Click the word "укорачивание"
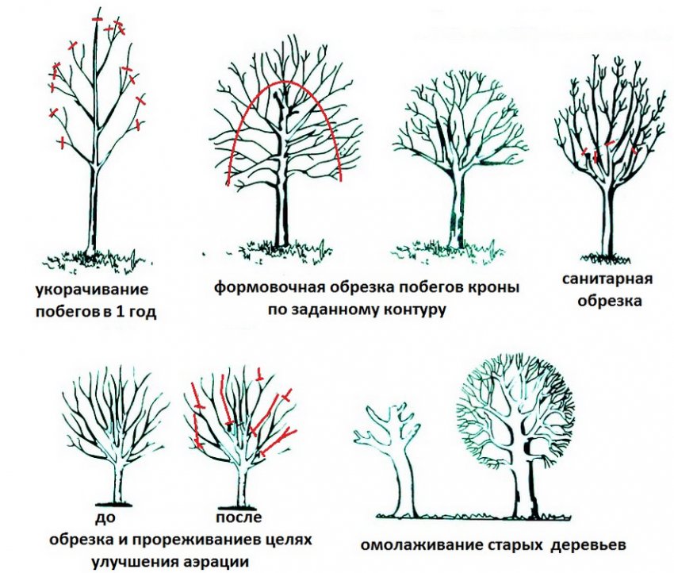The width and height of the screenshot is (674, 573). point(91,289)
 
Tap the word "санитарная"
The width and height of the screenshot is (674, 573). point(607,279)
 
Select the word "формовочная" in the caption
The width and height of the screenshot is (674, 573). point(269,287)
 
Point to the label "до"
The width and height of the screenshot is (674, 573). point(105,517)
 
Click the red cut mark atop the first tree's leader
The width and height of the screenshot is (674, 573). point(98,19)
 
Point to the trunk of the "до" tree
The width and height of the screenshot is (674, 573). point(119,482)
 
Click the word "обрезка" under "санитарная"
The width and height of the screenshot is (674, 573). point(610,301)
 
